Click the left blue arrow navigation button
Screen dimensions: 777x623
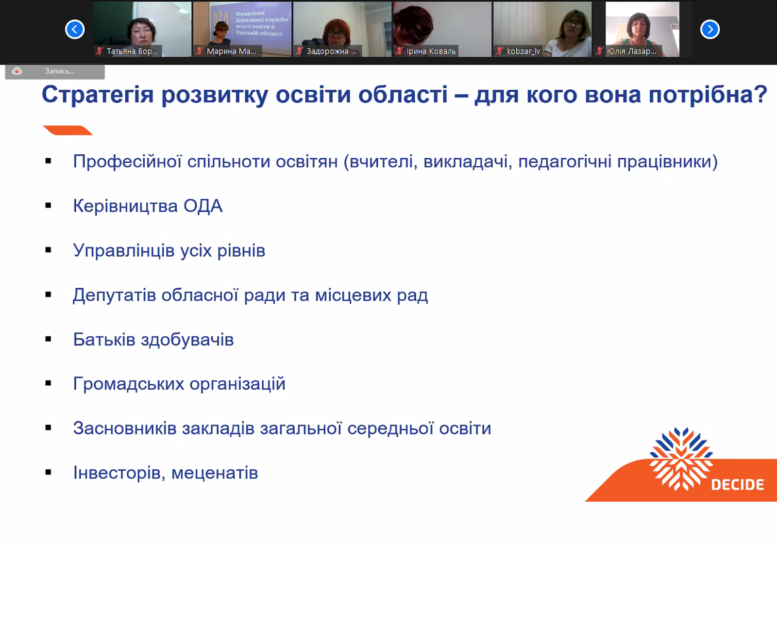[x=75, y=29]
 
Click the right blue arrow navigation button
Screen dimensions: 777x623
[x=710, y=29]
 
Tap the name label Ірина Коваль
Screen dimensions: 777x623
[x=431, y=51]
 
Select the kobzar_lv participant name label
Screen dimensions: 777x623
[x=523, y=51]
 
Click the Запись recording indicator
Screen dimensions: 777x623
[x=55, y=71]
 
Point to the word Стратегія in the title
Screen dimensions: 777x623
[x=98, y=95]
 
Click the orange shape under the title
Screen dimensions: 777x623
[x=68, y=130]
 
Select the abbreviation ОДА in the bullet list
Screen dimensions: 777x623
[x=203, y=206]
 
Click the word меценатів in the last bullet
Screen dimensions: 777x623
[x=215, y=473]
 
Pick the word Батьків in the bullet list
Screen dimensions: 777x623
[x=104, y=340]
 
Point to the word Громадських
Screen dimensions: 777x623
[x=129, y=384]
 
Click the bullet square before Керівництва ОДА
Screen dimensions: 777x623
[x=49, y=206]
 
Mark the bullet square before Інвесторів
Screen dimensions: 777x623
[x=49, y=472]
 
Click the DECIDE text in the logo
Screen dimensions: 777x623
[x=738, y=485]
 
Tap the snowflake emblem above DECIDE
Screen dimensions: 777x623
[x=681, y=459]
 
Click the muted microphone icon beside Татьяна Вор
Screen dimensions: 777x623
[x=99, y=51]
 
